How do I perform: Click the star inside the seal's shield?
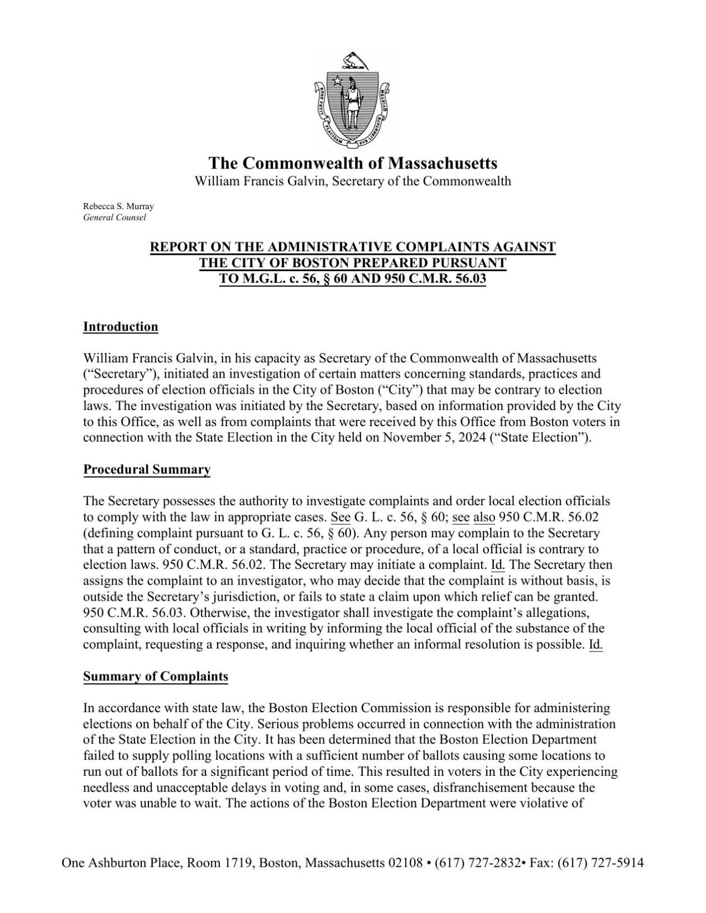(337, 81)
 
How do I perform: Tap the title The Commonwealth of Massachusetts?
(353, 163)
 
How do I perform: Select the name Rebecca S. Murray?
(118, 206)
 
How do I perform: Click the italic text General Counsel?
(114, 218)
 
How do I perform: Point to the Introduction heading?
(121, 327)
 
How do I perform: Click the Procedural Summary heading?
(147, 470)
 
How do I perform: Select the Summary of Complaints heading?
(156, 677)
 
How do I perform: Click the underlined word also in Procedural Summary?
(484, 517)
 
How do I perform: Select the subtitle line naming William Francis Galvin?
(352, 181)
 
